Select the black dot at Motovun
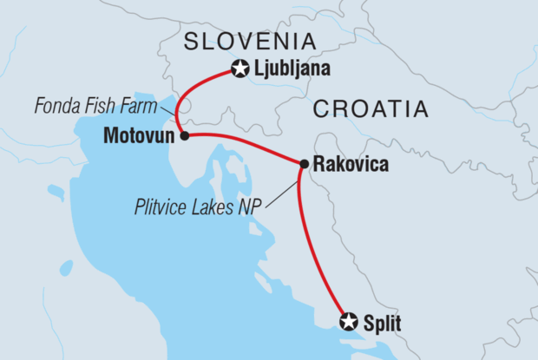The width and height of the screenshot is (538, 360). (185, 136)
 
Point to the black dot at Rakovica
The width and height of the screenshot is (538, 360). (304, 164)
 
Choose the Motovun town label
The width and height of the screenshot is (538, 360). (141, 136)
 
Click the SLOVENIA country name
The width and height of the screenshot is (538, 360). (248, 40)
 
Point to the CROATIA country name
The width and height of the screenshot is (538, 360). (371, 109)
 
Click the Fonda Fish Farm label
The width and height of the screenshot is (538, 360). (95, 108)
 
